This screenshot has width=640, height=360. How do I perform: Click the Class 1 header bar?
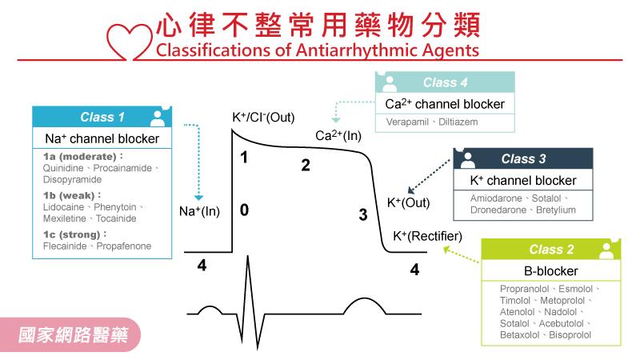102,118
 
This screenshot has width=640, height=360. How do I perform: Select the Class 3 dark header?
523,158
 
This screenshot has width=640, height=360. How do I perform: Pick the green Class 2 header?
551,250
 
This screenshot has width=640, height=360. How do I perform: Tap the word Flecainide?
66,246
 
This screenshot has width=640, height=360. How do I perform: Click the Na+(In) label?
200,211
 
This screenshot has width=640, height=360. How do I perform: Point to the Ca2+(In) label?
338,137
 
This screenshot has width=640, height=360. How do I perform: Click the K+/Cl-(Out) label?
263,118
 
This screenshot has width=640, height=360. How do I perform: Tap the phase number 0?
244,210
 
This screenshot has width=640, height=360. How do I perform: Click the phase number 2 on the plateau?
305,166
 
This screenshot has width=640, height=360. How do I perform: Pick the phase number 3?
362,214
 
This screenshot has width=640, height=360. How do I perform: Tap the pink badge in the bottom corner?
78,331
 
